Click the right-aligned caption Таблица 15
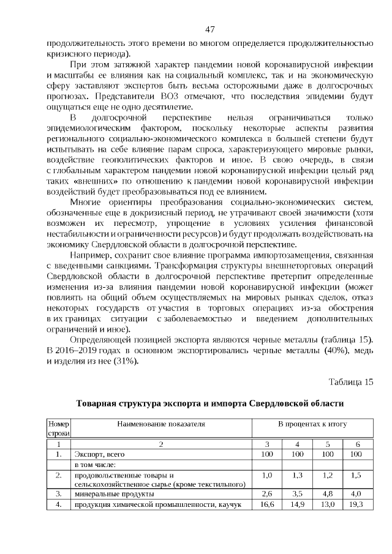(x=351, y=383)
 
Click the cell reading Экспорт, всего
(x=99, y=455)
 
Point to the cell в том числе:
(x=95, y=465)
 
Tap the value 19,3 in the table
(x=356, y=504)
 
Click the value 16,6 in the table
(x=267, y=504)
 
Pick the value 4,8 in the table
(x=327, y=493)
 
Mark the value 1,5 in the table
(x=356, y=475)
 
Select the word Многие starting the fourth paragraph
(x=86, y=202)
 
